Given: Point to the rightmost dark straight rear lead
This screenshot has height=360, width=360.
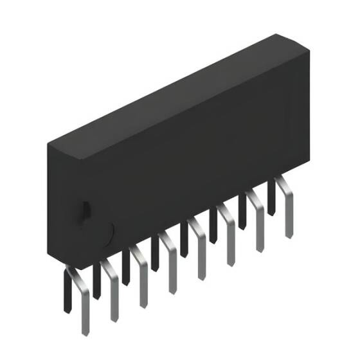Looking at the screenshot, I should click(271, 196).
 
